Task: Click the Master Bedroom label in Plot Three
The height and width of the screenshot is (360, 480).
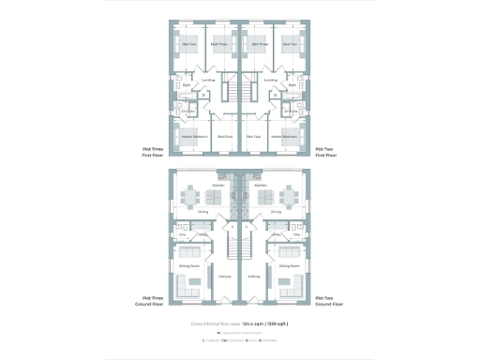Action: pyautogui.click(x=190, y=137)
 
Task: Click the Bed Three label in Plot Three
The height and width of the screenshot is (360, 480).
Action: pyautogui.click(x=218, y=44)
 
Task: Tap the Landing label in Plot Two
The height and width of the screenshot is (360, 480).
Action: pyautogui.click(x=270, y=80)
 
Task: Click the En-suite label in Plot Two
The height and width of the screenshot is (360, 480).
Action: pyautogui.click(x=291, y=111)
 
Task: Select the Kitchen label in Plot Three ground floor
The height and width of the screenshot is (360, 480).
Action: pyautogui.click(x=217, y=185)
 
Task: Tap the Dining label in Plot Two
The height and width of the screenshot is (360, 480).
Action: pyautogui.click(x=276, y=212)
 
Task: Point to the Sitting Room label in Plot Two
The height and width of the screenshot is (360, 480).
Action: pyautogui.click(x=289, y=265)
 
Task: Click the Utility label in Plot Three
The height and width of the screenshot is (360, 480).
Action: pyautogui.click(x=202, y=233)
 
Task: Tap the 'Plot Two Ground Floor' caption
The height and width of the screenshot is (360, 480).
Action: pyautogui.click(x=327, y=302)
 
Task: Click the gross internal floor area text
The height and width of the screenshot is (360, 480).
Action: pyautogui.click(x=239, y=322)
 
